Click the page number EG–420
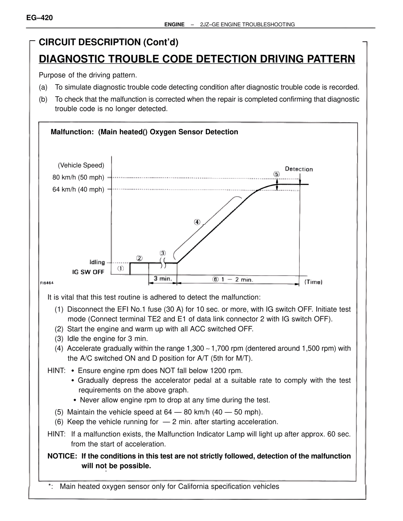click(40, 18)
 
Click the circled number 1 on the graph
click(121, 269)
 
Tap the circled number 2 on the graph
click(139, 258)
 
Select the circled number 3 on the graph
click(162, 253)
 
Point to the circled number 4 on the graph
click(197, 222)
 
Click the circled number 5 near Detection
click(276, 174)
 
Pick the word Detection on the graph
click(299, 169)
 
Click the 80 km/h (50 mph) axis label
click(78, 177)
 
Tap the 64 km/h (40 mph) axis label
click(78, 189)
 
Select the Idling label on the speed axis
click(97, 262)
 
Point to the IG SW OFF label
click(88, 272)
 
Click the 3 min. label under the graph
click(162, 279)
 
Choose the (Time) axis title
click(313, 282)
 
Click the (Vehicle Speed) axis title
click(81, 165)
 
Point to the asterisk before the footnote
click(50, 487)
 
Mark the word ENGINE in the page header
click(174, 25)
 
